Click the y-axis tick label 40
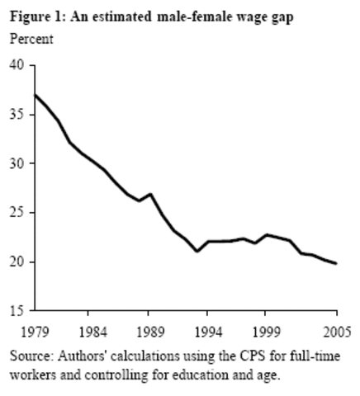[16, 65]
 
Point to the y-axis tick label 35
[16, 115]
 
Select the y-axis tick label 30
[16, 163]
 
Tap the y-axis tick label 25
[16, 213]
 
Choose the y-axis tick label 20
[16, 262]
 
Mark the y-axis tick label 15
[16, 312]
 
